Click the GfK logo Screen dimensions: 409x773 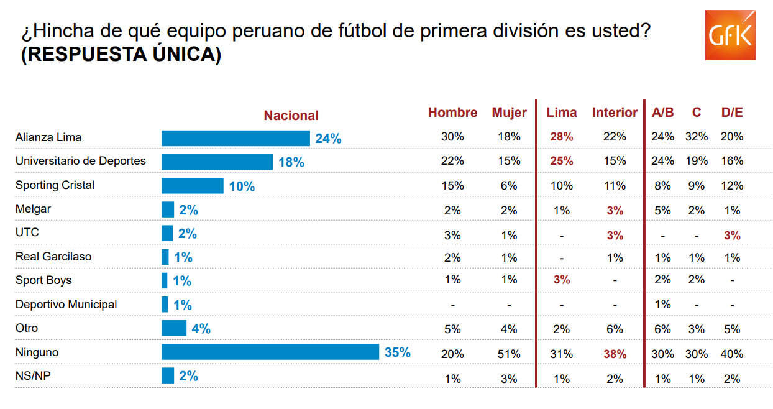730,35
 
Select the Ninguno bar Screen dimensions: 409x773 270,352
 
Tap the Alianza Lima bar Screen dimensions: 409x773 236,138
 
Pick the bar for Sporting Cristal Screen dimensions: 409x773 192,186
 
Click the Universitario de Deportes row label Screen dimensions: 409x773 81,161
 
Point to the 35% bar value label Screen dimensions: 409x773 397,352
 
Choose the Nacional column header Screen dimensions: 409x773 291,116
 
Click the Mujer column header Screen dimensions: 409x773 509,113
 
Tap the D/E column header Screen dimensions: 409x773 732,113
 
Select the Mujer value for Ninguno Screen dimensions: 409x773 509,354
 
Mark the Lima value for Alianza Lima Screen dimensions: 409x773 562,137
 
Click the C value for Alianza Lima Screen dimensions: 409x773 697,137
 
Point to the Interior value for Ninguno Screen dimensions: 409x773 615,354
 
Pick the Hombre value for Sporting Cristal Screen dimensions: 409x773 452,185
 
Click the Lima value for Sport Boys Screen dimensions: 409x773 562,280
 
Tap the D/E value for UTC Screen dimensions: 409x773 732,235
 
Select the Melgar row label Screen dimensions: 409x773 33,209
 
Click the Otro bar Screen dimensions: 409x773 174,328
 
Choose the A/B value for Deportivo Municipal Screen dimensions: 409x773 662,304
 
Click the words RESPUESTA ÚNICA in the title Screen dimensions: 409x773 121,54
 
